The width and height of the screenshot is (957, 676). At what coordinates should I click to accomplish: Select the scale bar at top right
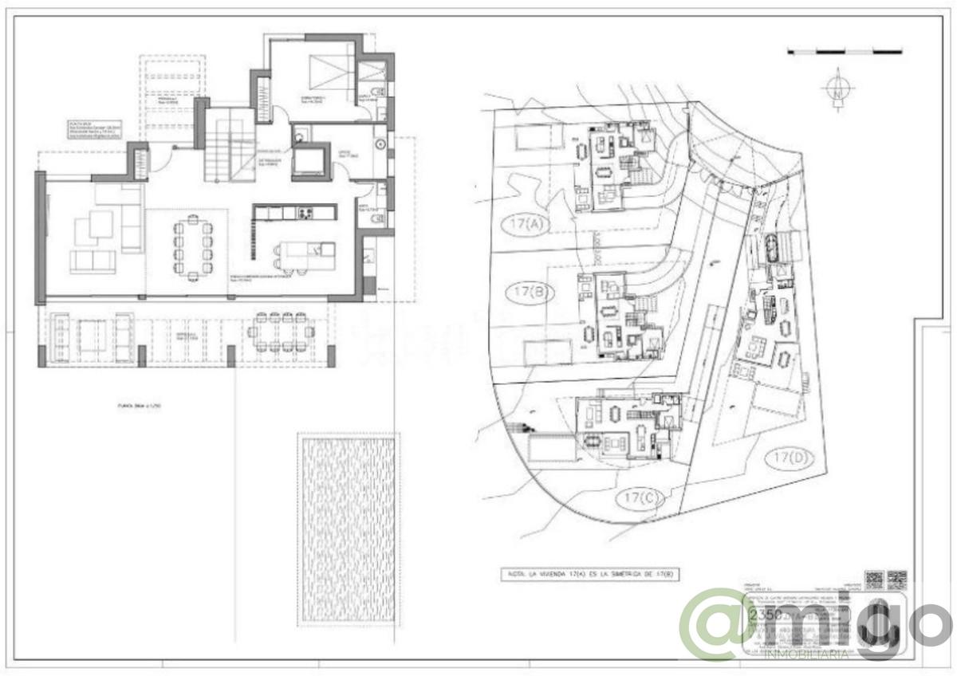[x=845, y=52]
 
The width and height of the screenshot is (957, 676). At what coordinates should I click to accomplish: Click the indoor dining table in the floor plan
[x=193, y=248]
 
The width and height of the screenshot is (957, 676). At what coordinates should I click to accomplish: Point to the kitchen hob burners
[x=305, y=213]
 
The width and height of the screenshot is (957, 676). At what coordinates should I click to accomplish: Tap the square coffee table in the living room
[x=100, y=224]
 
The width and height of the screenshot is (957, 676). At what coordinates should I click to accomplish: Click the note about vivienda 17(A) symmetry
[x=591, y=574]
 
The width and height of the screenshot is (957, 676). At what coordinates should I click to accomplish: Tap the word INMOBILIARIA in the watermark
[x=806, y=654]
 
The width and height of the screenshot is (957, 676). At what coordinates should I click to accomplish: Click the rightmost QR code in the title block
[x=897, y=580]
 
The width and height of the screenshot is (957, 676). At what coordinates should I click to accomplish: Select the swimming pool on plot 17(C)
[x=550, y=447]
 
